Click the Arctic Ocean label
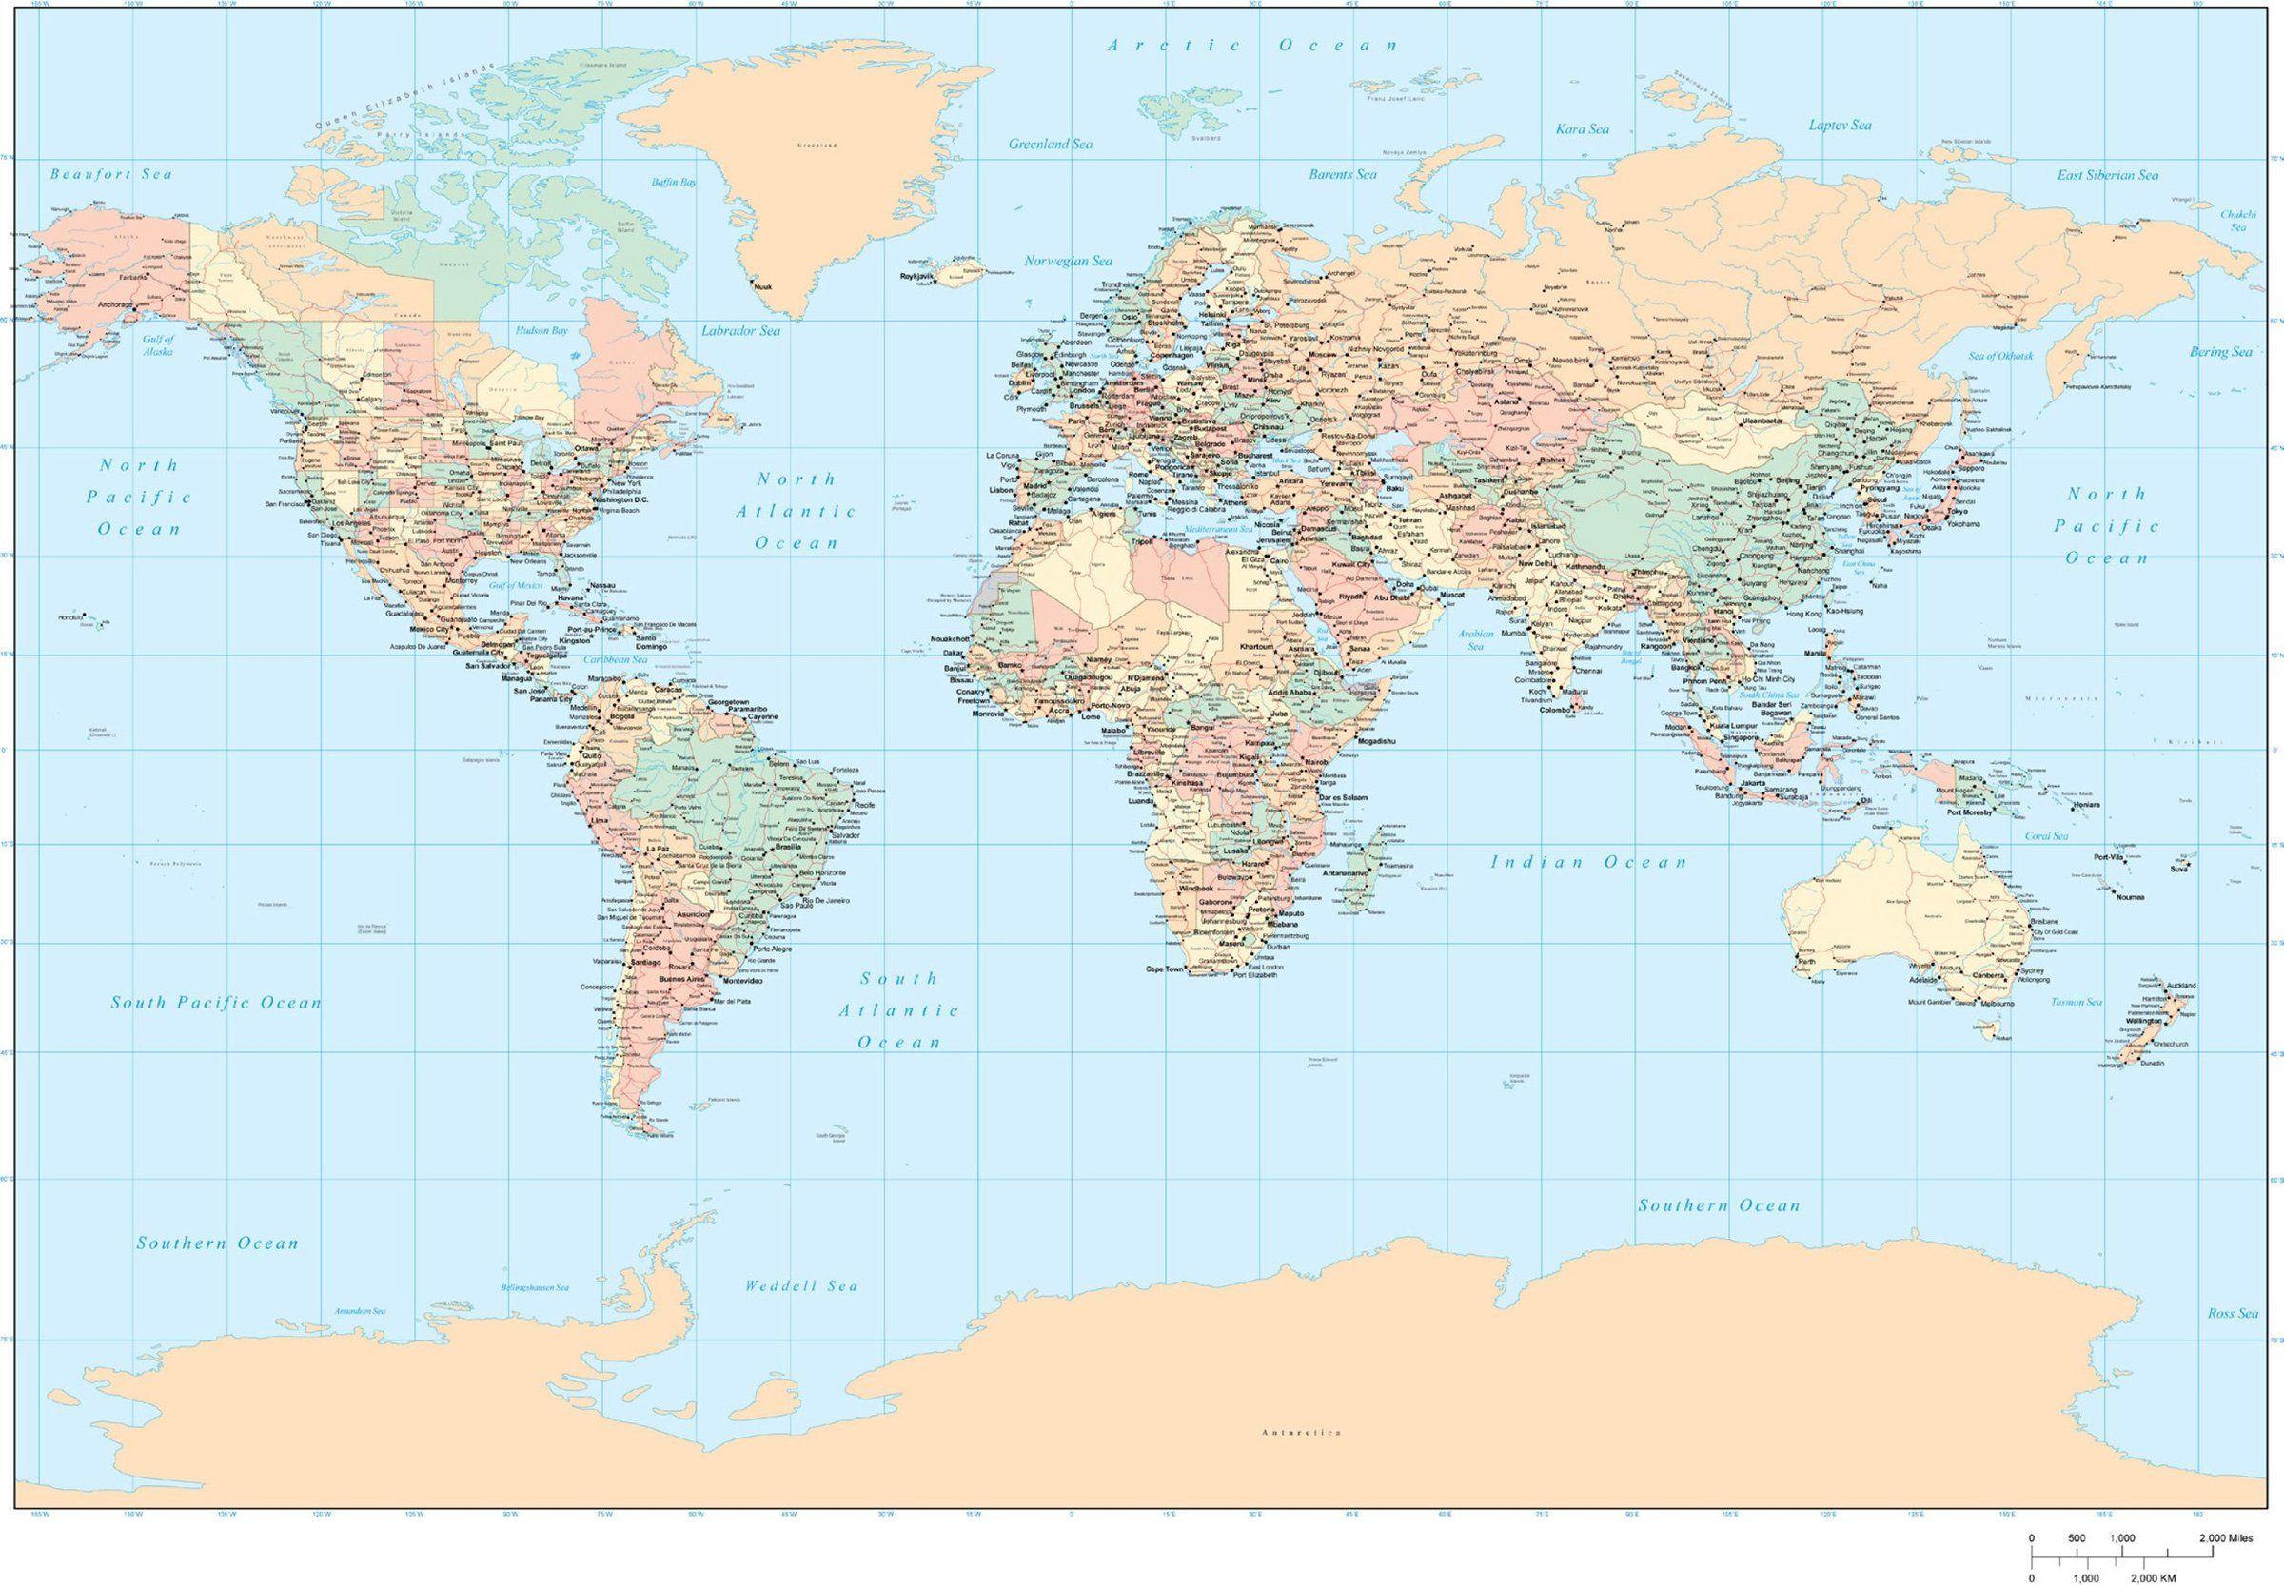click(x=1252, y=45)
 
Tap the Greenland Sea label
click(x=1050, y=144)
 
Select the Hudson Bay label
click(x=541, y=330)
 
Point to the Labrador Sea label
click(x=740, y=331)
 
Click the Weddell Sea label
click(x=800, y=1286)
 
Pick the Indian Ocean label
click(x=1588, y=862)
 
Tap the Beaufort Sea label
click(x=111, y=174)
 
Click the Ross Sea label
click(x=2234, y=1313)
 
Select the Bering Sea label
click(x=2221, y=352)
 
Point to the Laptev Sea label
click(x=1840, y=126)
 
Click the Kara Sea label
click(x=1583, y=129)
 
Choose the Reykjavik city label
click(x=919, y=276)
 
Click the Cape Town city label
click(x=1166, y=969)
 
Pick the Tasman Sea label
click(x=2077, y=1002)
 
